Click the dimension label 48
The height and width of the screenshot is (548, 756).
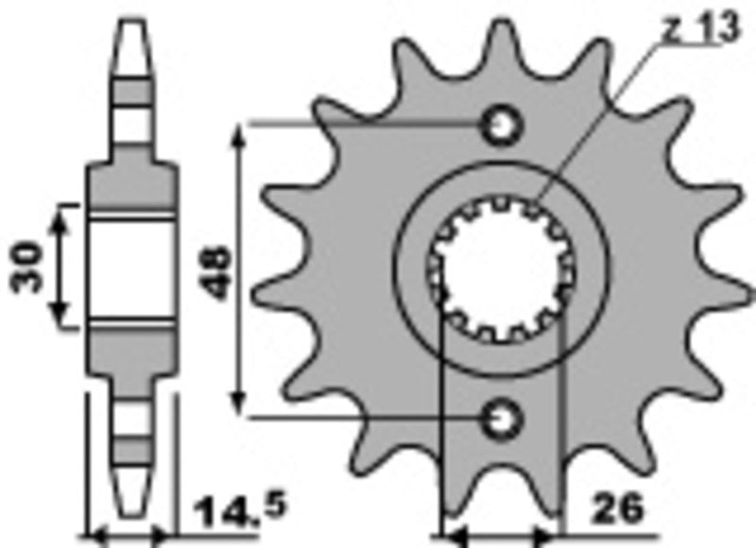click(x=217, y=272)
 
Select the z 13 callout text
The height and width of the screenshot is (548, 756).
click(x=699, y=29)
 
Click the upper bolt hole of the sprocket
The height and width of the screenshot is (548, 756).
click(x=500, y=125)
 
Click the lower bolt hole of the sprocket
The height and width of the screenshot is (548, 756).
click(x=500, y=416)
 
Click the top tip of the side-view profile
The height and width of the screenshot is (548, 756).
click(x=131, y=21)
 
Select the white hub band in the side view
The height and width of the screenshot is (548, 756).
click(x=131, y=268)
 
